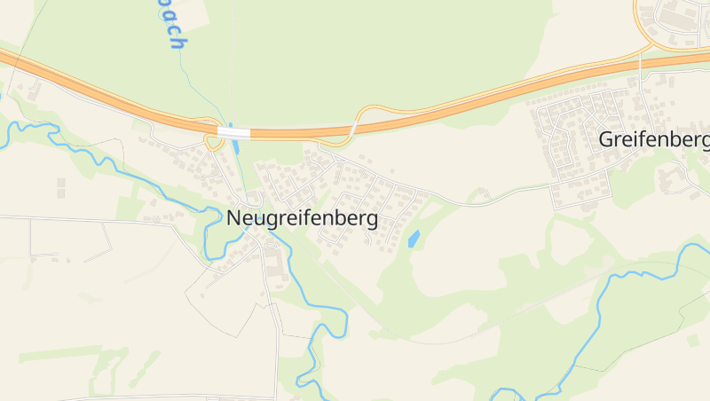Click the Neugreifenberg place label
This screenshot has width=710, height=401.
coord(302,218)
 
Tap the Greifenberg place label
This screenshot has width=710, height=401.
coord(654,139)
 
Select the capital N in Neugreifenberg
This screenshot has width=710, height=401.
coord(234,218)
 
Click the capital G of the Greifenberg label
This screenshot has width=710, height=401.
coord(607,139)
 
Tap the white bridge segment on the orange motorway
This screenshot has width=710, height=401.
coord(234,133)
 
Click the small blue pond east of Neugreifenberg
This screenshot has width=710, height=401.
coord(414,238)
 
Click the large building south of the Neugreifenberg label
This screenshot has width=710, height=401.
coord(272,263)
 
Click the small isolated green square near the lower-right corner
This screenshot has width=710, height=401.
coord(692,340)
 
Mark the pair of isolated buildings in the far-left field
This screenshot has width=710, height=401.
coord(60,187)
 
